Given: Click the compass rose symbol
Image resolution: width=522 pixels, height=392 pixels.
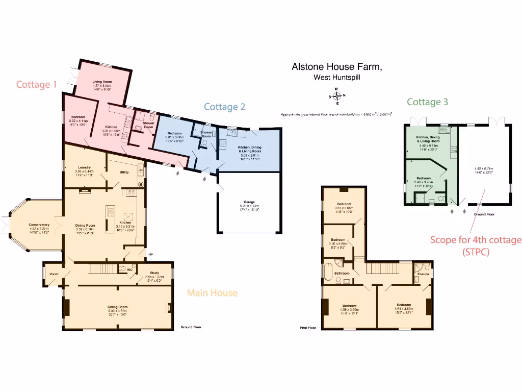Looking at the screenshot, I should (337, 95).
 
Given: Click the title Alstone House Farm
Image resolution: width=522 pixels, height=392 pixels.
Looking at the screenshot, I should (336, 66).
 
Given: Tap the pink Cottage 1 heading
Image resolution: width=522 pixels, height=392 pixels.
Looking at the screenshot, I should (36, 84).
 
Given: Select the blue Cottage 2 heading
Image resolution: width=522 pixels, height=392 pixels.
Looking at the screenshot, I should (224, 107).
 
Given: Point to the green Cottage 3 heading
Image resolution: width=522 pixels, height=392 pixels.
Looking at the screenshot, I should (427, 102).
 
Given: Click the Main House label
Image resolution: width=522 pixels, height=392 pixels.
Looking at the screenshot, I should (212, 292).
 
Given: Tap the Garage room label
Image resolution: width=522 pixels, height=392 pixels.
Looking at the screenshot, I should (249, 203).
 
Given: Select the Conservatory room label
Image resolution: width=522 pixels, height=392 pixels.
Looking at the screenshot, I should (39, 225).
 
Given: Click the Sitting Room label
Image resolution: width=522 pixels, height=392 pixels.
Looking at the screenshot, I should (117, 307).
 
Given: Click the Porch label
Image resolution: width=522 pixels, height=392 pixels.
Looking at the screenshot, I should (54, 274).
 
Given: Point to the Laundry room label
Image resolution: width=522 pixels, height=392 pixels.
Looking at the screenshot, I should (84, 167).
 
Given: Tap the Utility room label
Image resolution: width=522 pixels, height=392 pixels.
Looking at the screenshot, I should (124, 172).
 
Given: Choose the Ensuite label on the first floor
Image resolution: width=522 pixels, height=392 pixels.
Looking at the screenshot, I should (423, 274).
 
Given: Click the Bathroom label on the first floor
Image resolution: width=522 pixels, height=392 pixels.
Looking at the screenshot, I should (342, 274).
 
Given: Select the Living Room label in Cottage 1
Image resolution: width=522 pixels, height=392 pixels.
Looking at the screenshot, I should (101, 82).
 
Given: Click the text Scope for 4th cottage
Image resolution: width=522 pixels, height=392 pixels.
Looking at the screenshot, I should (476, 239).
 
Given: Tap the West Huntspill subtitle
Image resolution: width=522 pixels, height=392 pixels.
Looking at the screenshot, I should (336, 78).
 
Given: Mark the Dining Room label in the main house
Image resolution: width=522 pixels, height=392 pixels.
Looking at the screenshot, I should (85, 225).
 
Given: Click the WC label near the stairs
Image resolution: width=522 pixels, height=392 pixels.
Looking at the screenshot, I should (130, 269).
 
